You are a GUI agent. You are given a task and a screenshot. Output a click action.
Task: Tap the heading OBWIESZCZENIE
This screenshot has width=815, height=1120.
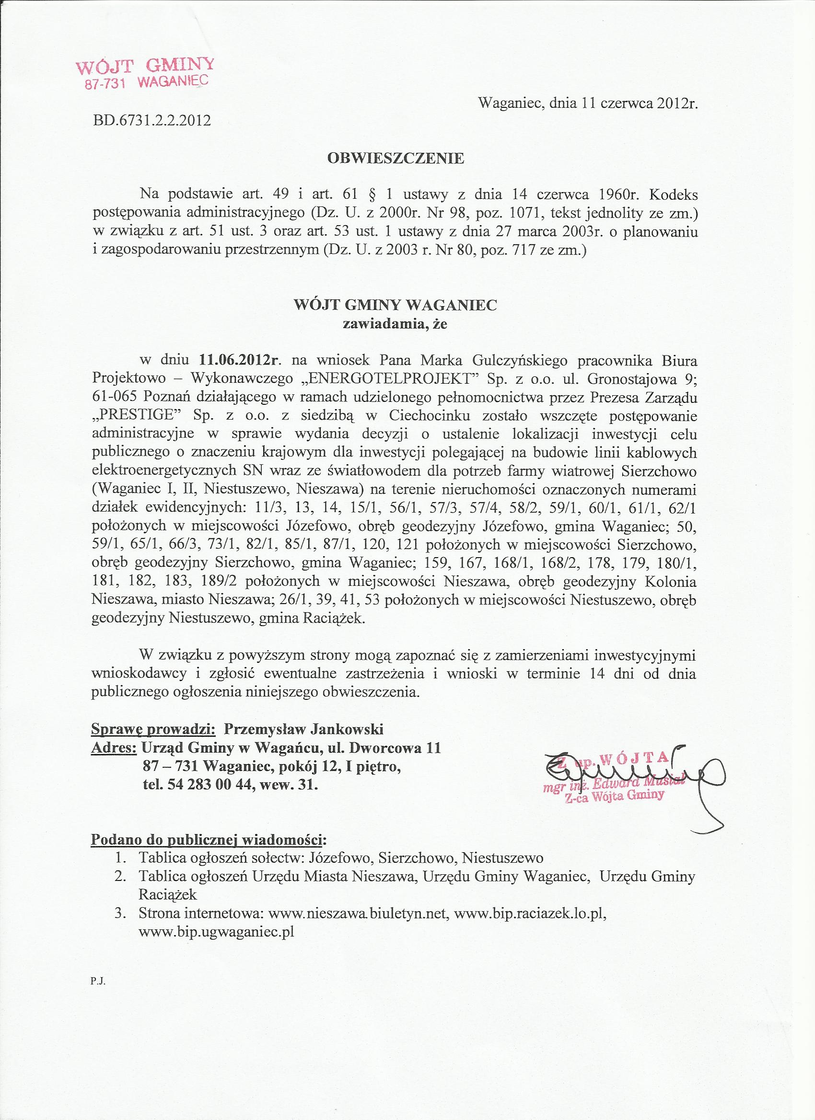[396, 159]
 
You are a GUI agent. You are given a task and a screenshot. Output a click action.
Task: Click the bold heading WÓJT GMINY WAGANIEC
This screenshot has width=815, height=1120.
[396, 305]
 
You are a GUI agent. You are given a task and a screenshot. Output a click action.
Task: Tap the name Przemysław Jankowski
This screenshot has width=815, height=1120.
[303, 729]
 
